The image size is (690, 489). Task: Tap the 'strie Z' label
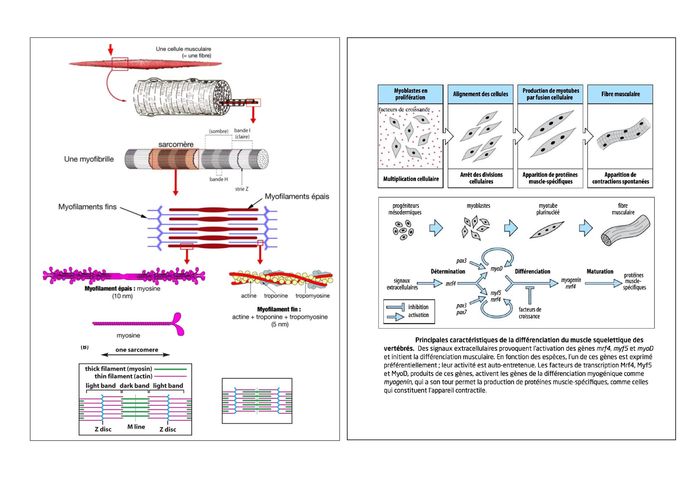pyautogui.click(x=242, y=189)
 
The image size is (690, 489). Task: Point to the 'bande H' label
pyautogui.click(x=219, y=179)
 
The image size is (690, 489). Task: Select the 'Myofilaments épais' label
pyautogui.click(x=297, y=197)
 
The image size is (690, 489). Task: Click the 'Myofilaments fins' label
pyautogui.click(x=87, y=207)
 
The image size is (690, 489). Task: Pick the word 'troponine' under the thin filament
pyautogui.click(x=276, y=296)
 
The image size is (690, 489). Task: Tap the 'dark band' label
pyautogui.click(x=134, y=386)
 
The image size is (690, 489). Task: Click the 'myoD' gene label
pyautogui.click(x=496, y=268)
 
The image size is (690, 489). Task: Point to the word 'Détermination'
pyautogui.click(x=448, y=272)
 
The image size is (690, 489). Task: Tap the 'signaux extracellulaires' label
pyautogui.click(x=402, y=284)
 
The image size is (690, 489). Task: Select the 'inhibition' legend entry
pyautogui.click(x=418, y=307)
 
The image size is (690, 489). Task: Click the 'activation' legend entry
pyautogui.click(x=418, y=315)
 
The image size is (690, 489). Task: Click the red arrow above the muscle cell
pyautogui.click(x=110, y=50)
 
